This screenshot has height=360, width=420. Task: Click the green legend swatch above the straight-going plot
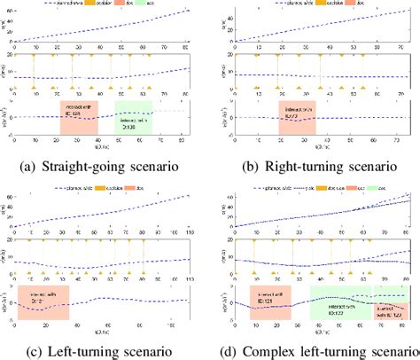[x=149, y=5]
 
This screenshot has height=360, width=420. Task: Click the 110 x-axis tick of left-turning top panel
[x=190, y=219]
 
